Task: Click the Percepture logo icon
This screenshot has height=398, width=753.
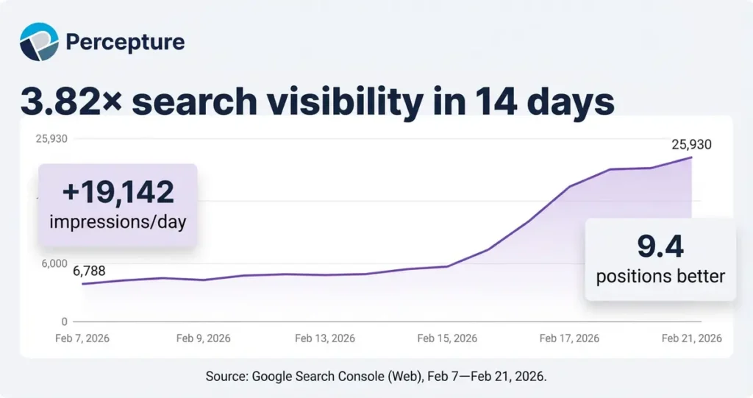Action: [39, 42]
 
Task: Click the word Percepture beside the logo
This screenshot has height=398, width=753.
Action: [125, 42]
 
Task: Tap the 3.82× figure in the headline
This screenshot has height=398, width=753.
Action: [71, 102]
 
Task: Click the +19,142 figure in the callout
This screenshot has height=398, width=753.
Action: [118, 193]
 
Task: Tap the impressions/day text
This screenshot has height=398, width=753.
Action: [118, 221]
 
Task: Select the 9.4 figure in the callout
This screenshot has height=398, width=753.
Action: [660, 246]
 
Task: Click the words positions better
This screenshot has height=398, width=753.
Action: [660, 277]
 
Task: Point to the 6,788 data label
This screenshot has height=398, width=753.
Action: [89, 271]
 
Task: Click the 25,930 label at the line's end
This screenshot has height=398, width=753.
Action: [691, 145]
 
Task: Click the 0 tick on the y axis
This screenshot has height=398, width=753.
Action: [64, 321]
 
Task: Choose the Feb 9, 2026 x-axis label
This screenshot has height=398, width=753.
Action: [203, 338]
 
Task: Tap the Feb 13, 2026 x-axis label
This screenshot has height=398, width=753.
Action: [324, 338]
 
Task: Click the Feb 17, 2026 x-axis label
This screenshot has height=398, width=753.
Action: [569, 338]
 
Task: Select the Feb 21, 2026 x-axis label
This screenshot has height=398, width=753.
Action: [691, 338]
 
